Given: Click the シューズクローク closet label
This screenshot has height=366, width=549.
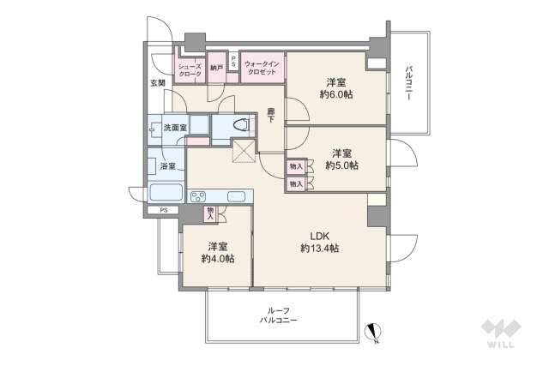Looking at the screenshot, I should click(x=189, y=70).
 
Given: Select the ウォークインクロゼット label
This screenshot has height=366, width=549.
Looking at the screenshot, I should click(x=260, y=69).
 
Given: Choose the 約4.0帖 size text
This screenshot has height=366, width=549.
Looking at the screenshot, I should click(x=218, y=258).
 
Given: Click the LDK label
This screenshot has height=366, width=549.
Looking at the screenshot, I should click(x=319, y=236).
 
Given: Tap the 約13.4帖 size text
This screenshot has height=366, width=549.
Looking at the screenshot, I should click(x=319, y=249).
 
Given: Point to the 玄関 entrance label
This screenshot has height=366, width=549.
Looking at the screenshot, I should click(x=156, y=83).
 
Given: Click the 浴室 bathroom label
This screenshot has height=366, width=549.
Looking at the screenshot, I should click(x=166, y=166).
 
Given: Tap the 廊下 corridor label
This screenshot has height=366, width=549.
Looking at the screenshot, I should click(x=272, y=115).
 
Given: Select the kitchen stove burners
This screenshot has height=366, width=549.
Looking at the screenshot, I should click(x=200, y=196).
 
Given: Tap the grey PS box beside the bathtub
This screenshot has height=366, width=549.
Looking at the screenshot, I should click(x=163, y=210).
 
